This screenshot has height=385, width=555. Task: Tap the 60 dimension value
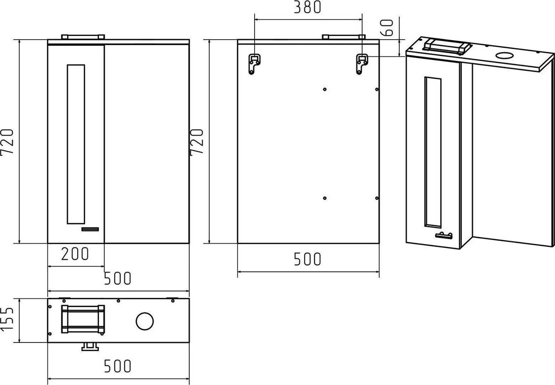click(x=386, y=27)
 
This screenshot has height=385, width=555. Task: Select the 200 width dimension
click(x=75, y=254)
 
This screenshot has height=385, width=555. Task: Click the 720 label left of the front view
click(x=7, y=143)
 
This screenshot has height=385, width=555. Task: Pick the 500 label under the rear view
click(x=307, y=259)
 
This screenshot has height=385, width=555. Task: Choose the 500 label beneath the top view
click(x=117, y=366)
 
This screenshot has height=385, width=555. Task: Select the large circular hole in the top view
click(x=145, y=321)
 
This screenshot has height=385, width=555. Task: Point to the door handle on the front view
click(x=90, y=229)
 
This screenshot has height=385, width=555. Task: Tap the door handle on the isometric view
click(x=443, y=235)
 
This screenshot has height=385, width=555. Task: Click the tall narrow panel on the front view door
click(x=76, y=144)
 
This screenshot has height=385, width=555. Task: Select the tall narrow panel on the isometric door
click(x=433, y=152)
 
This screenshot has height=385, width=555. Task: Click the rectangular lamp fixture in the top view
click(x=83, y=319)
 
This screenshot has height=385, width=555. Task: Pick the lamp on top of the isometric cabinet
click(x=447, y=46)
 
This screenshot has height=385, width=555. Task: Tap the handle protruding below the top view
click(x=90, y=347)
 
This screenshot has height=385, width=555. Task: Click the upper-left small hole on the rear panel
click(x=325, y=89)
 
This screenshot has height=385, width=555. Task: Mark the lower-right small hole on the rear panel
click(x=377, y=198)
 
